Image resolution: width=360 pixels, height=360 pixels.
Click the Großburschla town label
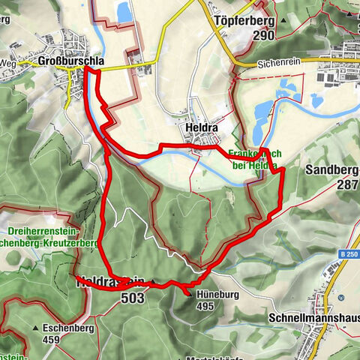click(x=70, y=61)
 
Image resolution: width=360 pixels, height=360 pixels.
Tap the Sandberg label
click(x=332, y=169)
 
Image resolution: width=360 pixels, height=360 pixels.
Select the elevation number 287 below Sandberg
click(x=347, y=184)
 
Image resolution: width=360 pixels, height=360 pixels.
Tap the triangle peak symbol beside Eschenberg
click(x=35, y=328)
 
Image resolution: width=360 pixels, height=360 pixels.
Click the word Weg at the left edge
click(x=7, y=63)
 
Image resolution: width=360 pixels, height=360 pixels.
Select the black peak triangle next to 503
click(x=154, y=283)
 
